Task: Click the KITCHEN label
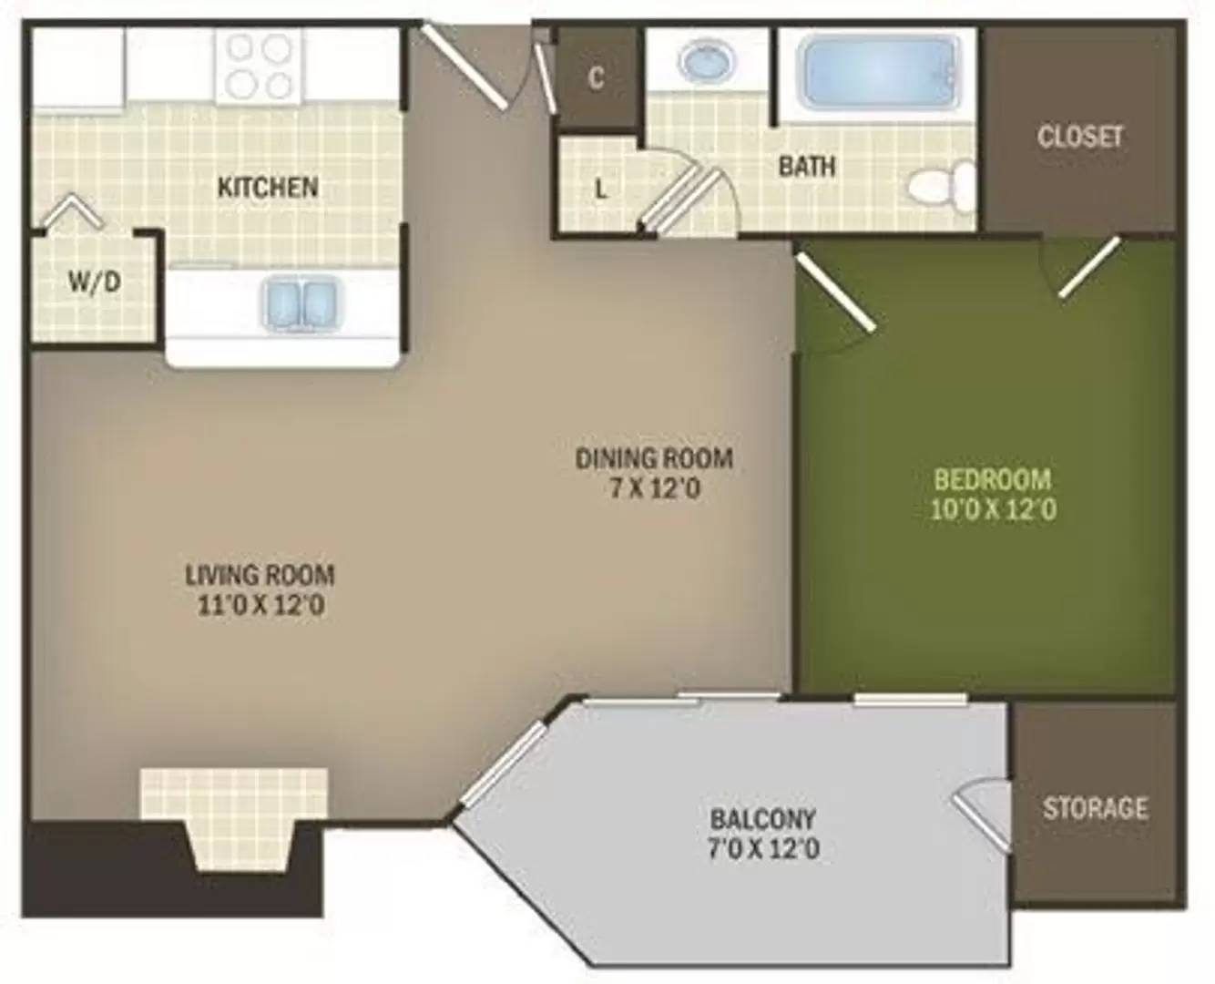(x=268, y=188)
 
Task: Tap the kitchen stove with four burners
(x=258, y=67)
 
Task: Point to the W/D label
(x=94, y=282)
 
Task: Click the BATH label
(x=807, y=167)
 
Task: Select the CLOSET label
(x=1079, y=137)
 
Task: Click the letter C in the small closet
(x=596, y=78)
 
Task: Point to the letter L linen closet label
(x=600, y=190)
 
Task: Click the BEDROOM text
(x=993, y=478)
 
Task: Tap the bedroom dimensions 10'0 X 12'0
(x=993, y=508)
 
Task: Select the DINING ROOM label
(x=654, y=457)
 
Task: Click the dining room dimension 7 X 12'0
(x=654, y=488)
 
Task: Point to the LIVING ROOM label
(x=260, y=575)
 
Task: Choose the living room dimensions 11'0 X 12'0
(x=261, y=605)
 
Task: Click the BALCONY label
(x=762, y=818)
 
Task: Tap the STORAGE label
(x=1094, y=808)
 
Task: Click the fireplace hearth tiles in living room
(x=233, y=793)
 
